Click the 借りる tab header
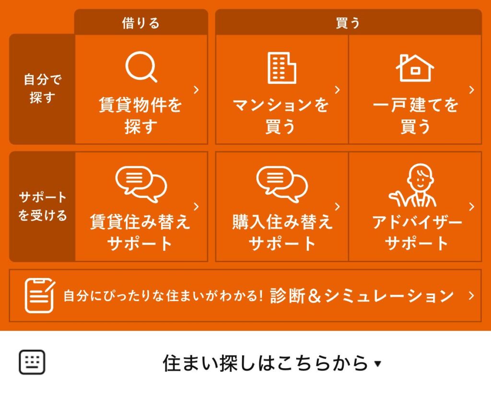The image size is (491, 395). pyautogui.click(x=141, y=23)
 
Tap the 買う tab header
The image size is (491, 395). pyautogui.click(x=348, y=23)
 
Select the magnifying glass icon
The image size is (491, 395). pyautogui.click(x=141, y=67)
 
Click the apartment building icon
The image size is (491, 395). pyautogui.click(x=282, y=68)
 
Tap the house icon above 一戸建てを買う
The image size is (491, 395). pyautogui.click(x=415, y=68)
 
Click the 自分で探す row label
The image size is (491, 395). pyautogui.click(x=42, y=89)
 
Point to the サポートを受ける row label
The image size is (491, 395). pyautogui.click(x=42, y=206)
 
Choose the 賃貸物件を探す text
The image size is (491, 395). pyautogui.click(x=140, y=115)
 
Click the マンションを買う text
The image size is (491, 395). pyautogui.click(x=281, y=115)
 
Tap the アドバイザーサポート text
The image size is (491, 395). pyautogui.click(x=417, y=232)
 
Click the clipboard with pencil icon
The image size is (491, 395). pyautogui.click(x=40, y=295)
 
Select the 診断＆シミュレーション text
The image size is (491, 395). pyautogui.click(x=362, y=296)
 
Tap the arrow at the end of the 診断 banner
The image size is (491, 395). pyautogui.click(x=471, y=296)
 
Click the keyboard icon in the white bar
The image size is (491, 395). pyautogui.click(x=32, y=362)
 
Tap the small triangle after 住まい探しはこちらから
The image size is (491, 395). pyautogui.click(x=378, y=364)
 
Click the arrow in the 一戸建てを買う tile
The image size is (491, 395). pyautogui.click(x=472, y=90)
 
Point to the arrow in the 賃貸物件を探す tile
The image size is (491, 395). pyautogui.click(x=196, y=90)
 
